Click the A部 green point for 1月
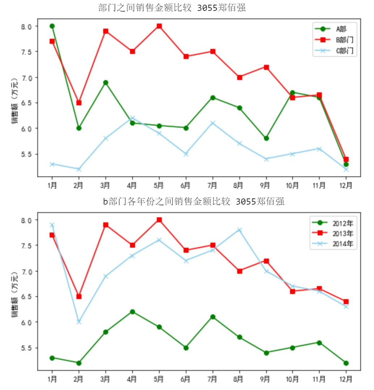tap(52, 26)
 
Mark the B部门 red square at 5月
tap(159, 26)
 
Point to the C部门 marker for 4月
tap(133, 118)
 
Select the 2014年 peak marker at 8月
tap(240, 230)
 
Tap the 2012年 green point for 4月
tap(133, 312)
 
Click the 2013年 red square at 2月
tap(79, 296)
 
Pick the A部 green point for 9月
tap(266, 138)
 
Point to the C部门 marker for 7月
tap(213, 123)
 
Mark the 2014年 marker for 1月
tap(52, 225)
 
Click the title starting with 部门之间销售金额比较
tap(172, 8)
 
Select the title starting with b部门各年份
tap(194, 202)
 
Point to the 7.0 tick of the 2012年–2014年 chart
tap(28, 271)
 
